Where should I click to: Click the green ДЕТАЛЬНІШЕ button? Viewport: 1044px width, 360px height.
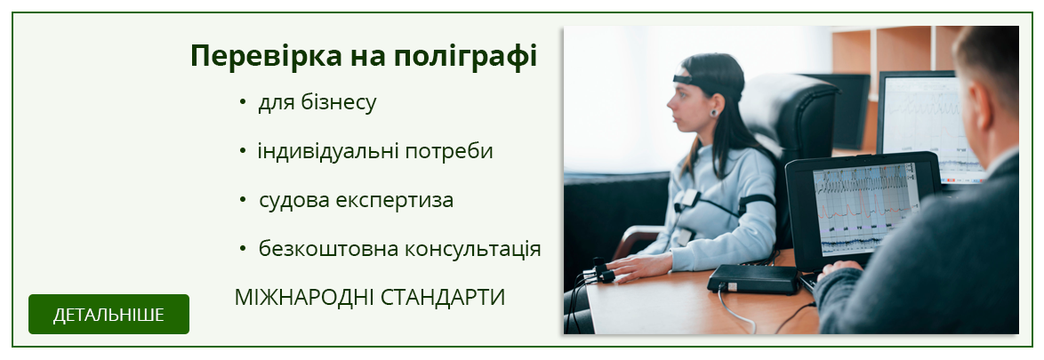[x=108, y=314]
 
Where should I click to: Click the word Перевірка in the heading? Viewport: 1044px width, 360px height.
[x=265, y=57]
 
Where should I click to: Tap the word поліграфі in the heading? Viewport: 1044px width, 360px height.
[x=465, y=57]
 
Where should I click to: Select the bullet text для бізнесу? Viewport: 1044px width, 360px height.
[x=317, y=103]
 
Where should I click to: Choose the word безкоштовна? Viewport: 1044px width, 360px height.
[x=309, y=249]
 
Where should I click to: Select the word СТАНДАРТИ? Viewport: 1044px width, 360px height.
[x=444, y=298]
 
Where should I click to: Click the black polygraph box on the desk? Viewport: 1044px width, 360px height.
[x=753, y=279]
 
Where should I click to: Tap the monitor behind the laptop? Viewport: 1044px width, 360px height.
[x=932, y=126]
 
